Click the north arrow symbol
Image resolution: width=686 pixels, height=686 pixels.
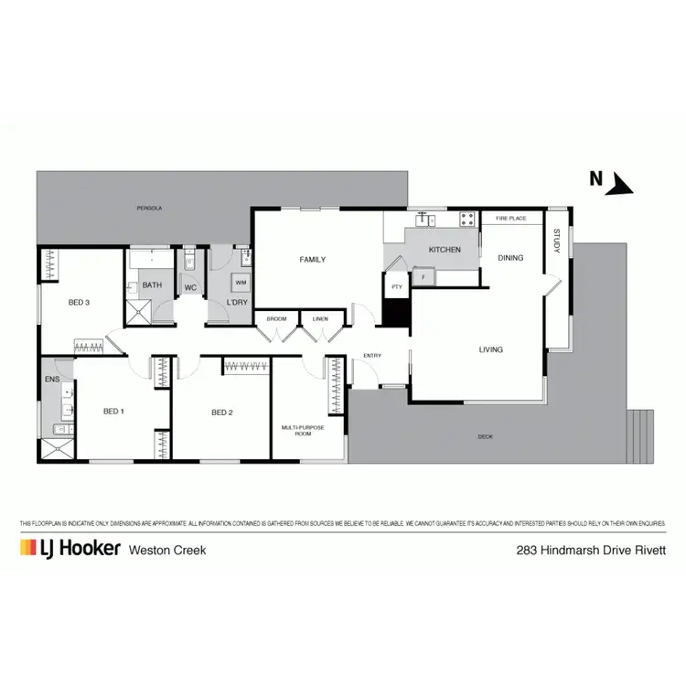coord(623,185)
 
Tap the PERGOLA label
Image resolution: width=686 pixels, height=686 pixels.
coord(150,209)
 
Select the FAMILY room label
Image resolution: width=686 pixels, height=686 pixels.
coord(313,260)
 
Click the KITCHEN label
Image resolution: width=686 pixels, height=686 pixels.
coord(445,250)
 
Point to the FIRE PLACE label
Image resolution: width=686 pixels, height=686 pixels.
coord(510,220)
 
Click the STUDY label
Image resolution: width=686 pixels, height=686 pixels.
coord(555,241)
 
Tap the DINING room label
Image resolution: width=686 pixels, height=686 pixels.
coord(510,258)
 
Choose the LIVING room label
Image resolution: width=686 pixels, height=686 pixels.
coord(491,349)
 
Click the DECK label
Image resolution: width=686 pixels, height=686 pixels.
coord(485,436)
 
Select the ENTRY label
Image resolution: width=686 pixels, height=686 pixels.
coord(372,356)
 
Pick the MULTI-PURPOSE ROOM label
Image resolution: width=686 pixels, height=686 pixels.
coord(296,430)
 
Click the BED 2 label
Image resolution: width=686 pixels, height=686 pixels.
coord(222,413)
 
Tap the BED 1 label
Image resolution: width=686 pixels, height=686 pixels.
coord(113,412)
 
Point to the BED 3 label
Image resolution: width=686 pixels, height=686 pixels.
coord(79,303)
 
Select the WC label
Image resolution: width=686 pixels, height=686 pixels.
coord(191,287)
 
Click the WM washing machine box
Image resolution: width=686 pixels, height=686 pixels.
coord(240,283)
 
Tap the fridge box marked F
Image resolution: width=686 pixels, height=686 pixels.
coord(423,274)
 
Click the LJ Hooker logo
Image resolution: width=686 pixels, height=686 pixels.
coord(70,548)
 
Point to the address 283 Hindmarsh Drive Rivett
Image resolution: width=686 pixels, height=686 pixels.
coord(590,551)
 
